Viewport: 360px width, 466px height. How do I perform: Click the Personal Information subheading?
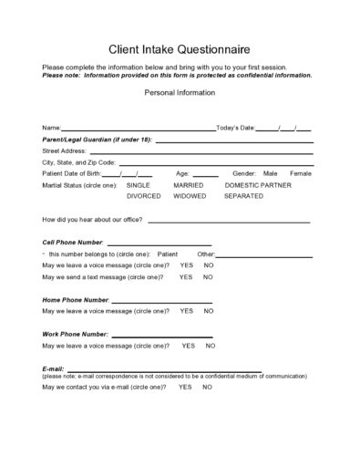point(179,93)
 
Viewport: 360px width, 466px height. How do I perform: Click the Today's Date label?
point(235,127)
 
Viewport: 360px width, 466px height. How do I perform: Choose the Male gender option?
point(270,172)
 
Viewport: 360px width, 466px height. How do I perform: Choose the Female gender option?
point(300,172)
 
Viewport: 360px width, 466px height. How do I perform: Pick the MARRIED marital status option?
point(188,184)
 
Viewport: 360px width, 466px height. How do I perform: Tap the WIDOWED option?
point(190,195)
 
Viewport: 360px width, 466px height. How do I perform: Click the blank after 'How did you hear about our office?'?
point(228,222)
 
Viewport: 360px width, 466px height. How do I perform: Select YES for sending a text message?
point(186,276)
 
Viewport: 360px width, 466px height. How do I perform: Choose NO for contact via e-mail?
point(207,387)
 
